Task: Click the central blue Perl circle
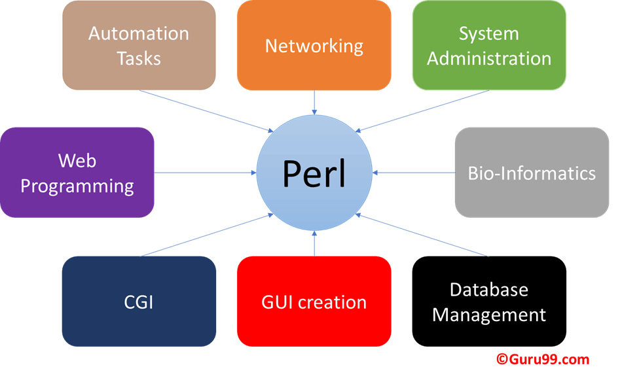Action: (314, 173)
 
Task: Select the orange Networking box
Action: (314, 45)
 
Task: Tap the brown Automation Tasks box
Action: (139, 45)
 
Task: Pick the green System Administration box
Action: (489, 45)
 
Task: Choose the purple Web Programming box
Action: (77, 173)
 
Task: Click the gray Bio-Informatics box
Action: (532, 173)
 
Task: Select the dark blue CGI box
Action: (139, 301)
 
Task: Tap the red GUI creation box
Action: (314, 301)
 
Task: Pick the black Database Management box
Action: (489, 301)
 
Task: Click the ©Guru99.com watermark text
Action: (543, 359)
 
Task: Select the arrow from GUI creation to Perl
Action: (314, 243)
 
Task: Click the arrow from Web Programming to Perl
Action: (205, 173)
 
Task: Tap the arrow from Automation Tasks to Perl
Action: (206, 110)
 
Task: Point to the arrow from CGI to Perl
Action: (206, 235)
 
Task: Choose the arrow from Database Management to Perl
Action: (422, 235)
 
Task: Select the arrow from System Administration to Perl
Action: (422, 110)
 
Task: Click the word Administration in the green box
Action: (489, 58)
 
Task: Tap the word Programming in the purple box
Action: (77, 186)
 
